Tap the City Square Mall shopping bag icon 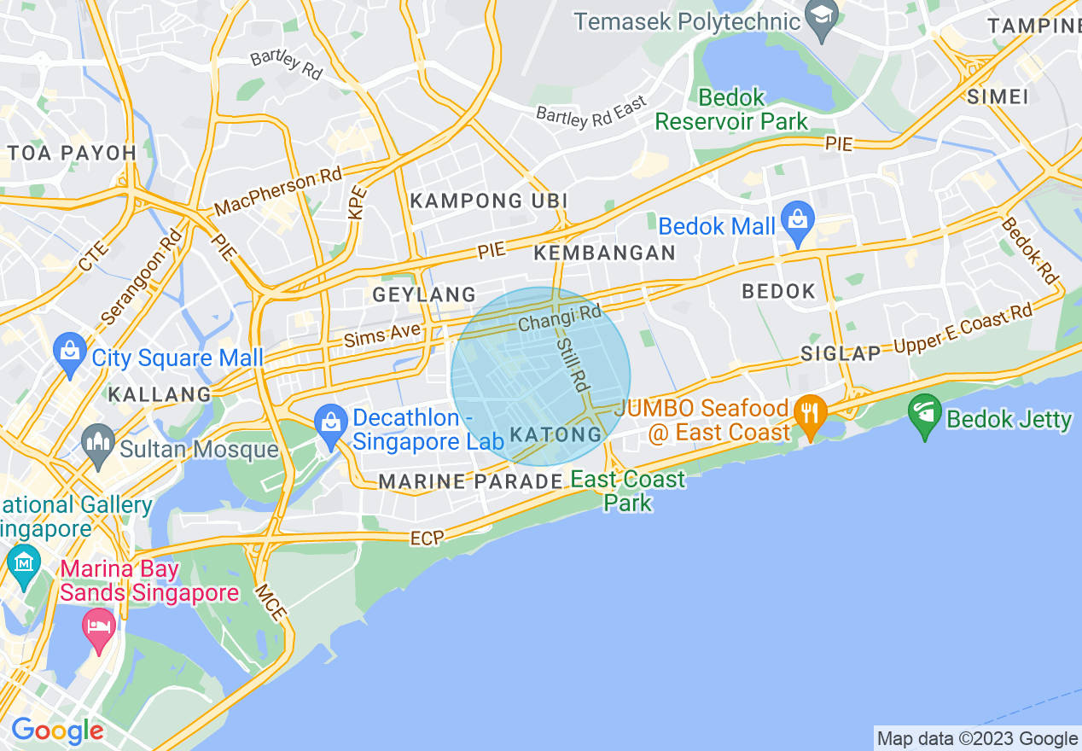tap(68, 351)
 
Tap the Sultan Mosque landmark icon tap(99, 442)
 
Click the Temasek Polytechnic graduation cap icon tap(822, 18)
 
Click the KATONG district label tap(556, 434)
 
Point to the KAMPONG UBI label tap(489, 201)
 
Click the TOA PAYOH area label tap(72, 153)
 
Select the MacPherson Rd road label tap(278, 192)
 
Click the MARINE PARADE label tap(470, 481)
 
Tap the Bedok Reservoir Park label tap(731, 109)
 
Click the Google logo tap(57, 731)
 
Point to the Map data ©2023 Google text tap(977, 738)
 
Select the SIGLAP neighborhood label tap(840, 353)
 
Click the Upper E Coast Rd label tap(963, 329)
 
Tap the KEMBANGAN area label tap(604, 253)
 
